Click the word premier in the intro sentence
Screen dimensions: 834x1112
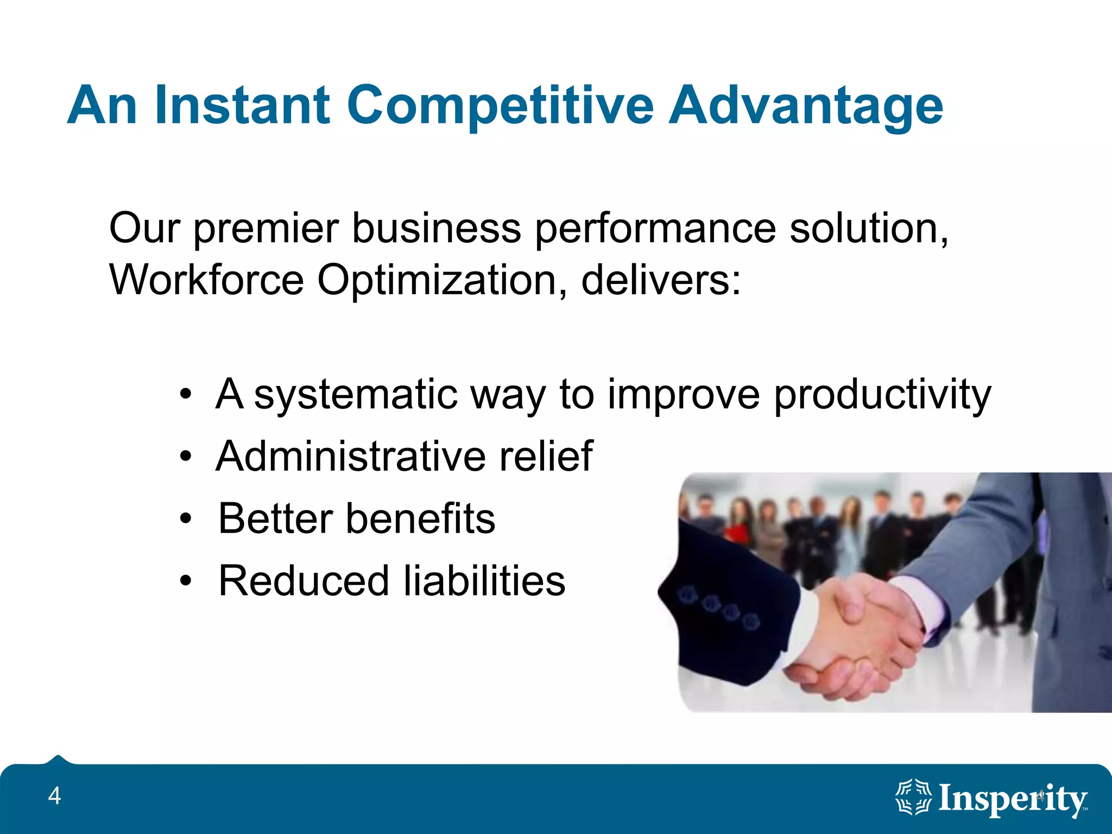266,229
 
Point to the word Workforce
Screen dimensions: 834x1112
206,280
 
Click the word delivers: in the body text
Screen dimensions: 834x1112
660,280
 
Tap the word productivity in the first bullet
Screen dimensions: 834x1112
882,395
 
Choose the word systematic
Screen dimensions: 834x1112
355,395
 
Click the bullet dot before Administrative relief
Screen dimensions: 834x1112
186,457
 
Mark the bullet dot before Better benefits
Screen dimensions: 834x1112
186,519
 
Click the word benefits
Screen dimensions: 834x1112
420,519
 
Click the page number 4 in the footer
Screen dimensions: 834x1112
54,797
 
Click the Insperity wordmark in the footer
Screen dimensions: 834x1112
1013,799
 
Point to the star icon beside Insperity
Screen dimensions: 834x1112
913,797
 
